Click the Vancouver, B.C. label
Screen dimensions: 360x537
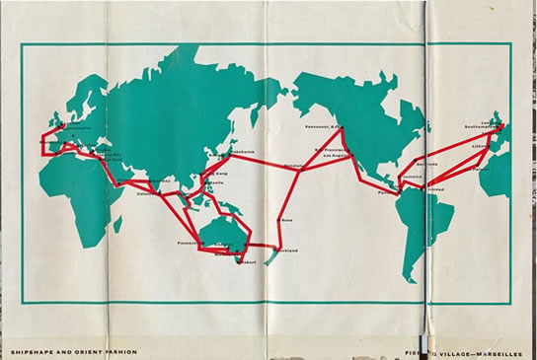point(321,127)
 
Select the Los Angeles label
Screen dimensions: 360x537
point(333,156)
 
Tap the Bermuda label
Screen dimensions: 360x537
point(425,164)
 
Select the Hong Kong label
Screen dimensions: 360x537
point(213,174)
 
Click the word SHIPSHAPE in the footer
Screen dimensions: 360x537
point(28,350)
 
